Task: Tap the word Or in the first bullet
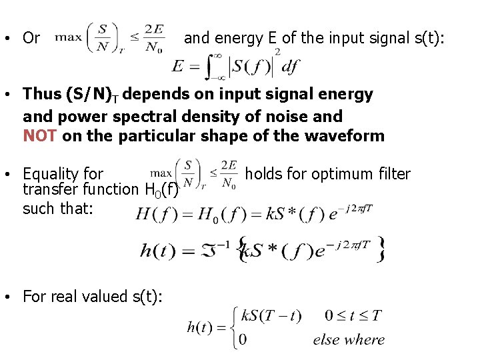pos(31,38)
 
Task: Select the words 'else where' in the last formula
pos(349,340)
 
